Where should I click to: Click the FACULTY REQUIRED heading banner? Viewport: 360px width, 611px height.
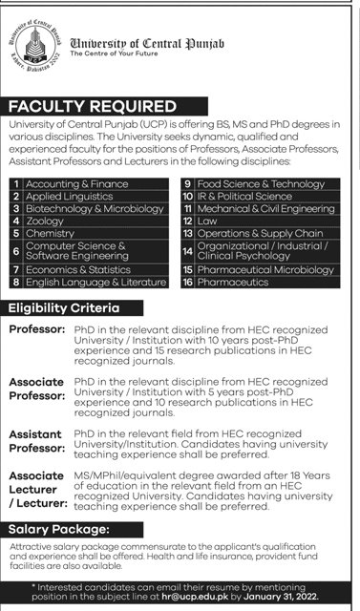92,105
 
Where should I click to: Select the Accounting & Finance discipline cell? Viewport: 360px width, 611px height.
76,183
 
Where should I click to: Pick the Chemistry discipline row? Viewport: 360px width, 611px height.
50,233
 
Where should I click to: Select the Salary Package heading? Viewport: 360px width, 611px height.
56,528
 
